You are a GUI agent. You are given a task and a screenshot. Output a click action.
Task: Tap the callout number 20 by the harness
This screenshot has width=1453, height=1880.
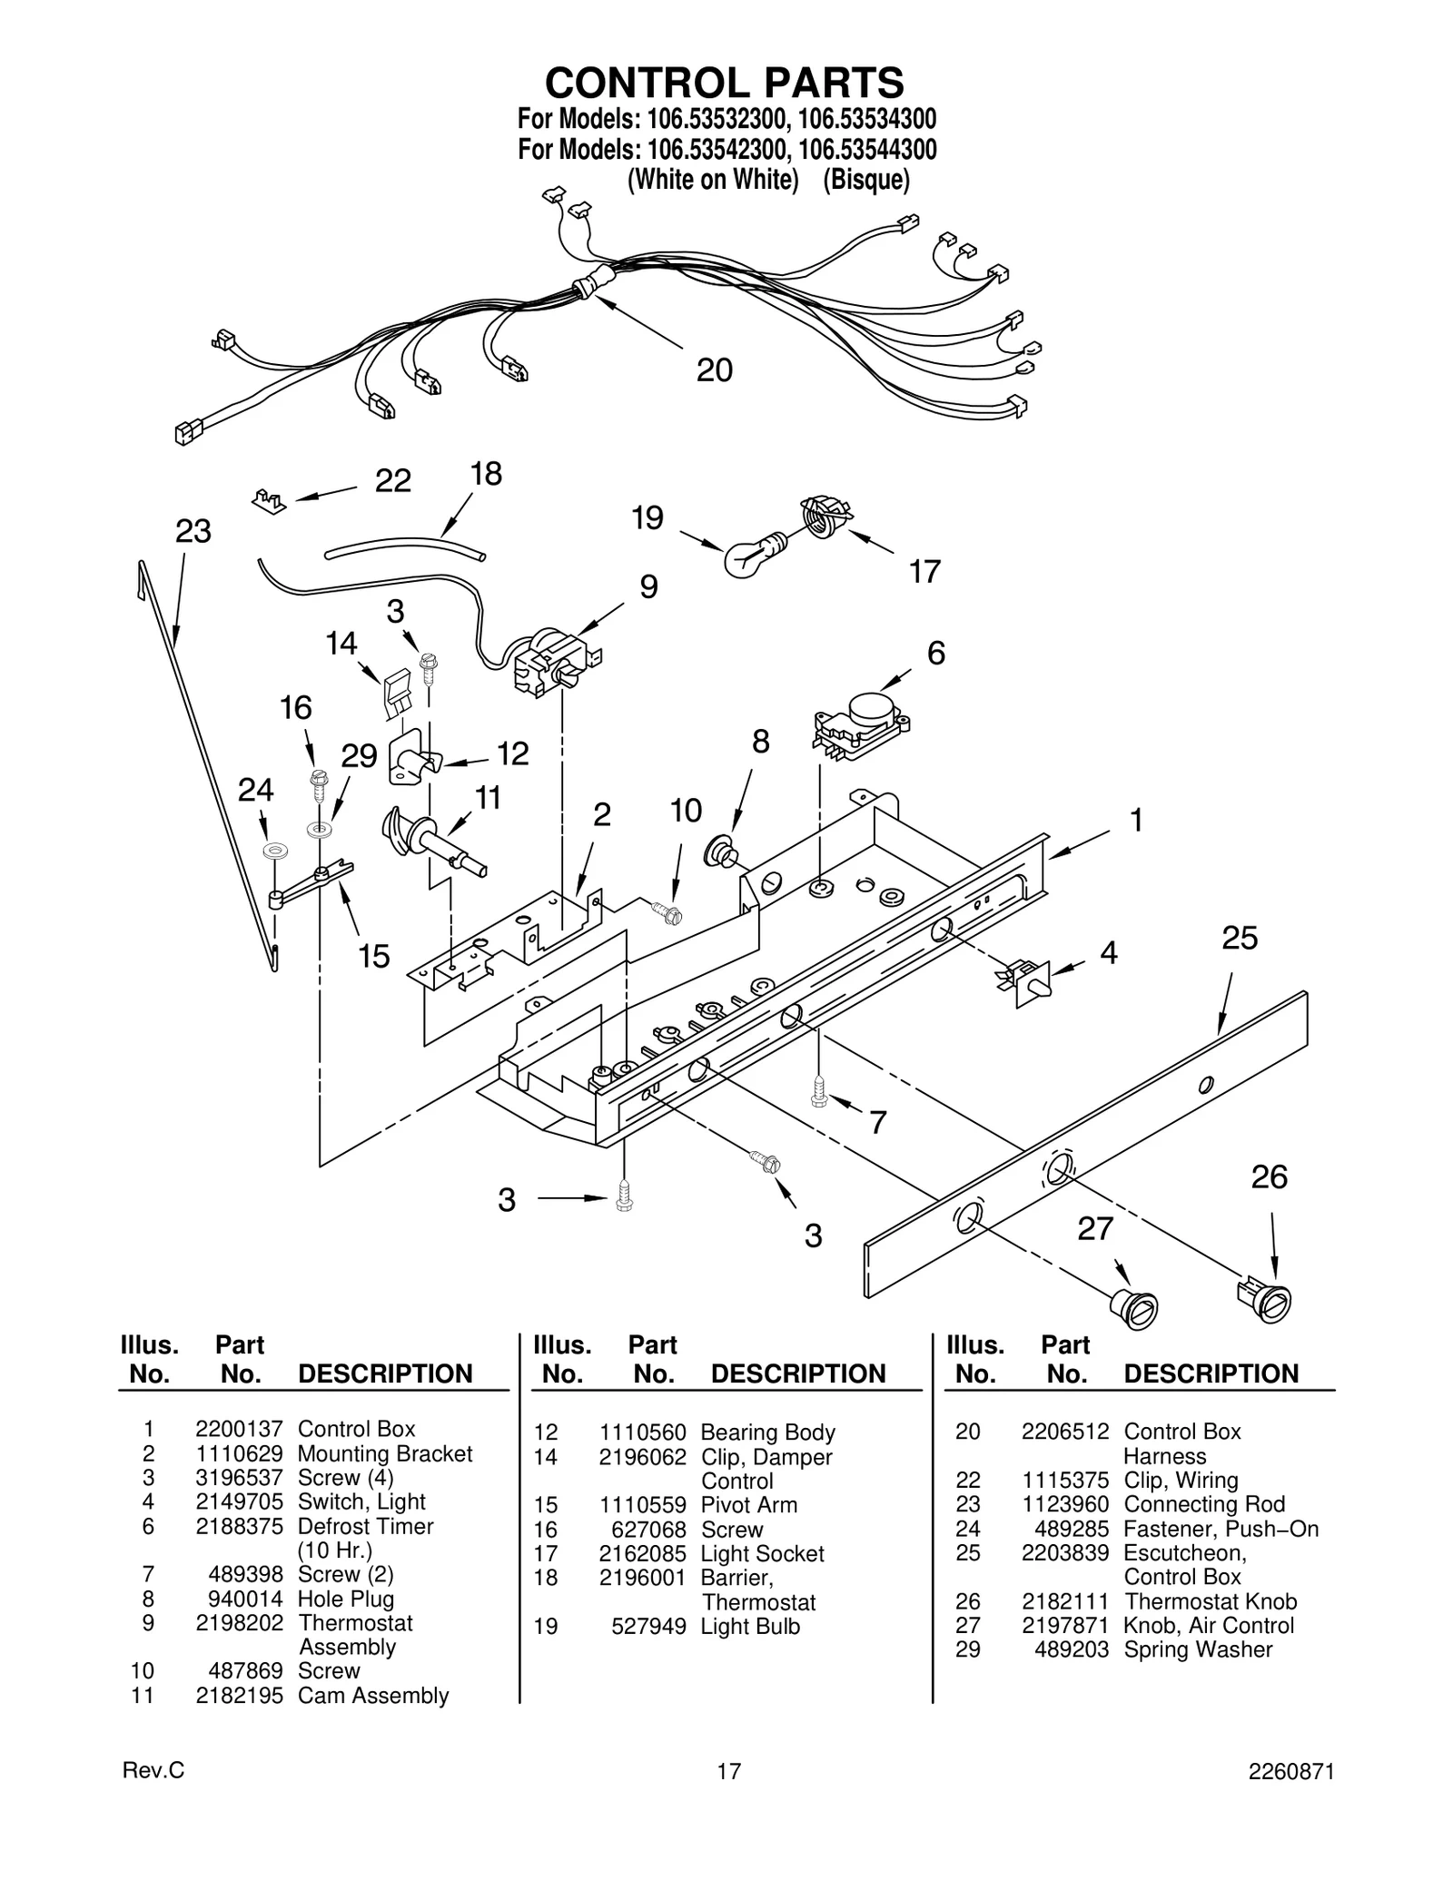pos(714,370)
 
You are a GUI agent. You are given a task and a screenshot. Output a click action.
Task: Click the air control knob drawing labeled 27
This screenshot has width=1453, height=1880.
pos(1134,1308)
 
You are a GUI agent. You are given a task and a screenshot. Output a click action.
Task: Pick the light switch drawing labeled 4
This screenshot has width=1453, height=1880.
pos(1023,980)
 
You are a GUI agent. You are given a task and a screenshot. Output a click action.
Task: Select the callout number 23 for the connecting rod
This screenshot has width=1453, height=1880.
pos(193,531)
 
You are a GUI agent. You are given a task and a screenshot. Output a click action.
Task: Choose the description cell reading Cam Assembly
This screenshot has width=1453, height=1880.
pos(373,1696)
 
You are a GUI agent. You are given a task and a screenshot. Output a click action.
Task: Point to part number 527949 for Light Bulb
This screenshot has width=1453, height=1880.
pos(648,1626)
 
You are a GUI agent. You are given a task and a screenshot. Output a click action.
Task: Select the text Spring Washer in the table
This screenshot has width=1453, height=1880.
pos(1198,1649)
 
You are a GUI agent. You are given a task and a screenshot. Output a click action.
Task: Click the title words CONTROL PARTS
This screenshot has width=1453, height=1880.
pos(724,83)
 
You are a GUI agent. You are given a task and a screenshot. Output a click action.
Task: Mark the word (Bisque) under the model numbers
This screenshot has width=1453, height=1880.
pos(865,180)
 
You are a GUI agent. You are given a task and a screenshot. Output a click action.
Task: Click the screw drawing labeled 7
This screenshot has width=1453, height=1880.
pos(819,1092)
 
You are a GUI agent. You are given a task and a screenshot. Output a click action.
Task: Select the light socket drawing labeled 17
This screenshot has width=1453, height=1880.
pos(824,517)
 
